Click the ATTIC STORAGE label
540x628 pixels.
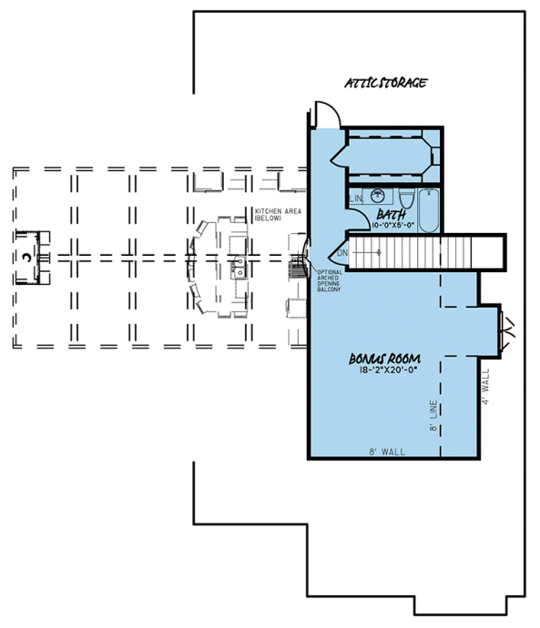385,83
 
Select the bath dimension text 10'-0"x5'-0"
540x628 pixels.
393,223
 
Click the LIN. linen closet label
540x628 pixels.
355,198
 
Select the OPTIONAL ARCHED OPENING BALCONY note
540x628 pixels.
329,280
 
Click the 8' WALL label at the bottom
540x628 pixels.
388,451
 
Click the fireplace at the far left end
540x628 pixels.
29,258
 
